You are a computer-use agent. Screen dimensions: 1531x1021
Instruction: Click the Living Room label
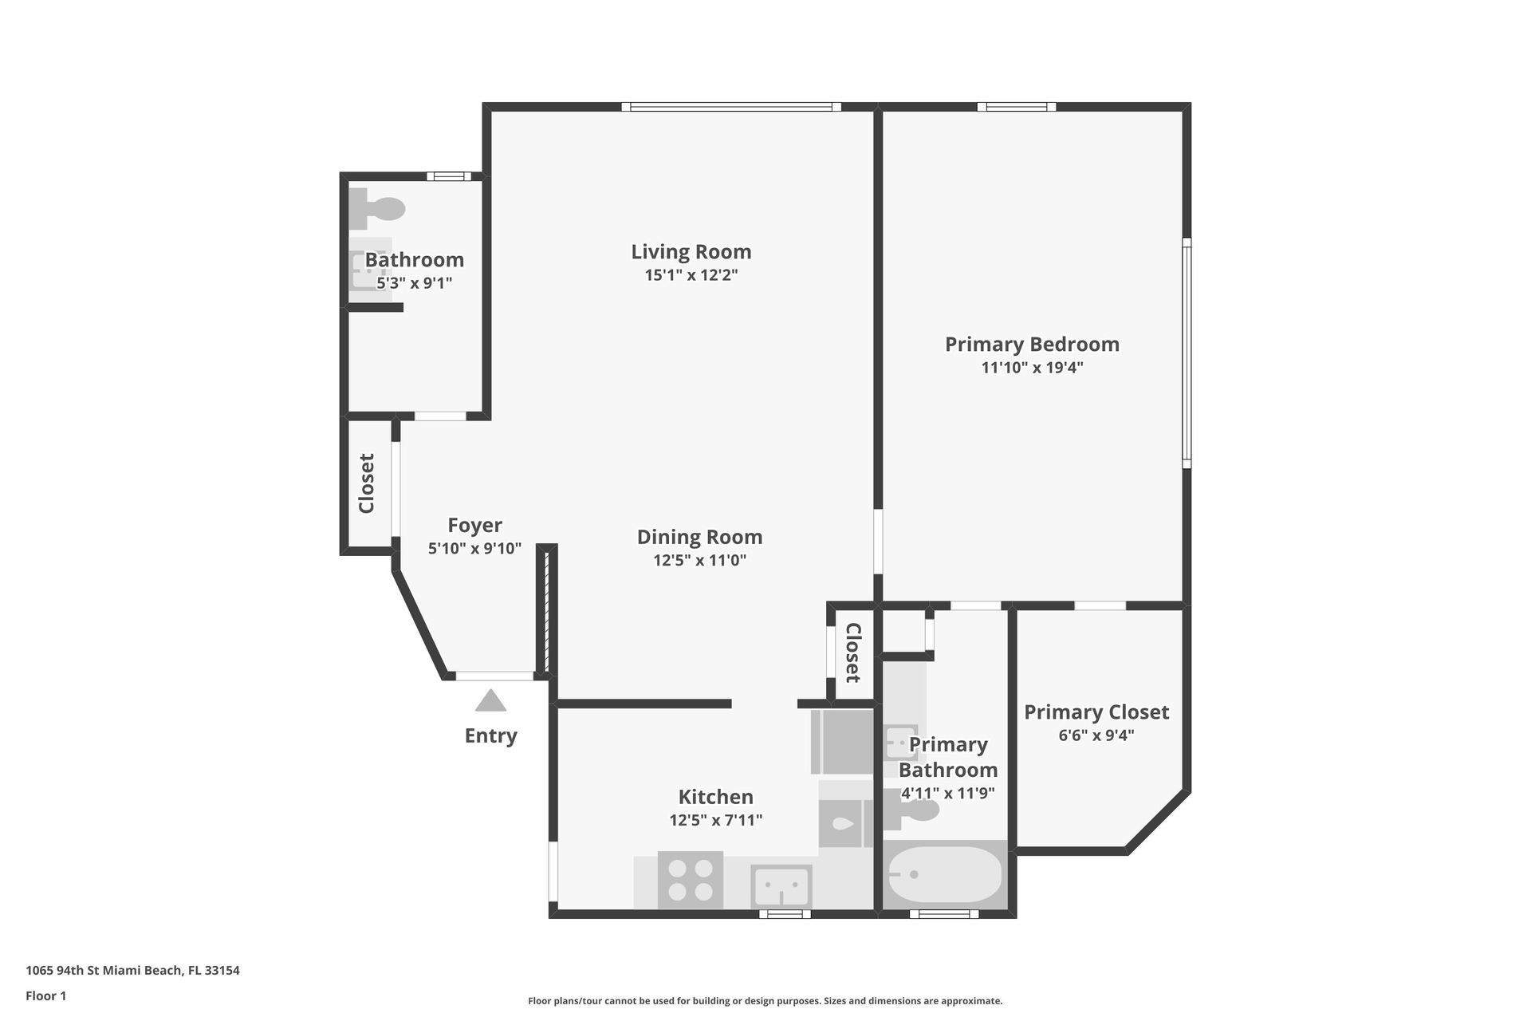click(x=691, y=252)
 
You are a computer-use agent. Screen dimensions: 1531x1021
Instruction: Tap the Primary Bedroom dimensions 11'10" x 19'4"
click(x=1032, y=368)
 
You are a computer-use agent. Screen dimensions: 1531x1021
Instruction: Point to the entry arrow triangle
click(x=490, y=700)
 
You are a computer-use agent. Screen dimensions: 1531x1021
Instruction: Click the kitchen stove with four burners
click(x=691, y=880)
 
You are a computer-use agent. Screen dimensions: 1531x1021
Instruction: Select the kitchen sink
click(x=781, y=886)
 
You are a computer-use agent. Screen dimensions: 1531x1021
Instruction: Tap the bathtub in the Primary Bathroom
click(x=945, y=874)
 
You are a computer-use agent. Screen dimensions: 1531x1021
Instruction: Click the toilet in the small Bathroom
click(x=377, y=209)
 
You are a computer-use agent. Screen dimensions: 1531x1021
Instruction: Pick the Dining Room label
click(x=699, y=537)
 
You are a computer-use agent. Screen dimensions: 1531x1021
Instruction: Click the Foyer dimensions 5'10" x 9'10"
click(x=474, y=549)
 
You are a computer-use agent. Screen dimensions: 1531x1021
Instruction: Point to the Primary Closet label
click(x=1096, y=712)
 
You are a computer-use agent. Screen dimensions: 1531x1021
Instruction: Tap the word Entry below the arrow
click(x=490, y=735)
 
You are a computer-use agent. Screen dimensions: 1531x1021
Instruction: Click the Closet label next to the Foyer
click(x=367, y=483)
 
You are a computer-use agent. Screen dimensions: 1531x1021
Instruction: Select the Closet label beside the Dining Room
click(x=852, y=652)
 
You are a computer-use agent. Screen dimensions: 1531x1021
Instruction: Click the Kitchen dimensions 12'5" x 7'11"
click(x=715, y=820)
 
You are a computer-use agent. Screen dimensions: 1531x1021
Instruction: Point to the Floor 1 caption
click(x=46, y=995)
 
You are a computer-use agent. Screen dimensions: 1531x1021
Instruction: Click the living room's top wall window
click(x=731, y=107)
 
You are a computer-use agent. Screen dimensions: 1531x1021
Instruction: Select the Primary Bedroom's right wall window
click(x=1187, y=353)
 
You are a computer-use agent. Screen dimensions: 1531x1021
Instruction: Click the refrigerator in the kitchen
click(x=842, y=742)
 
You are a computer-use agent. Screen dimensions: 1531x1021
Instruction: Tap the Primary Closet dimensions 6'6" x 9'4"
click(x=1096, y=735)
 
